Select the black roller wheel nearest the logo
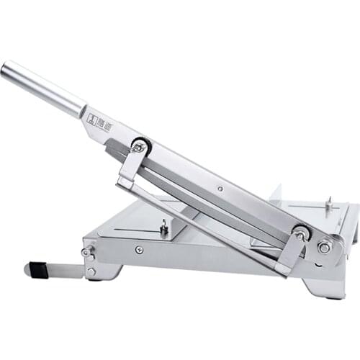tap(141, 145)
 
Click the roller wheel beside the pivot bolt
tap(301, 233)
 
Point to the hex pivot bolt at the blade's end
tap(325, 247)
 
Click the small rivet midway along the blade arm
tap(220, 189)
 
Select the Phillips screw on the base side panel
tap(139, 250)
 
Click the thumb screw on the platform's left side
tap(164, 227)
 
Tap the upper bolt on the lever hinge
tap(87, 252)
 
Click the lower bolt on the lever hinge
tap(91, 271)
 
